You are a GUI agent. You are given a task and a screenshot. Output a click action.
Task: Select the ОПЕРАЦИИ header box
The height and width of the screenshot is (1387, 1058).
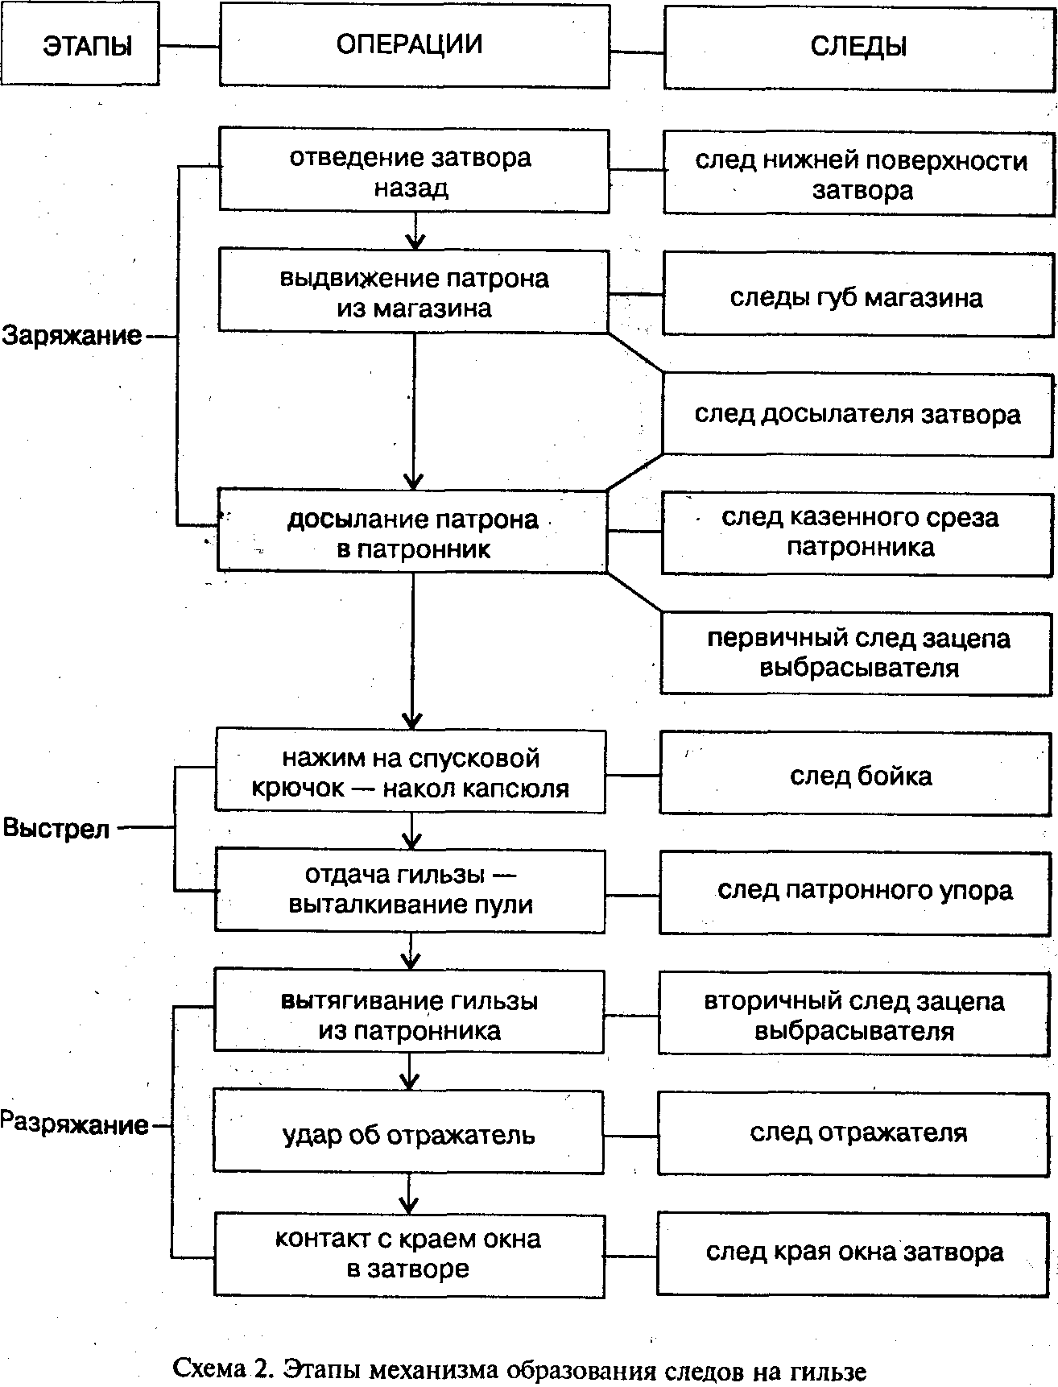(x=414, y=45)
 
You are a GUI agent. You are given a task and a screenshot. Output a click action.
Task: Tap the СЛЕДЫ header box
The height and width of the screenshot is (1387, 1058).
(x=858, y=48)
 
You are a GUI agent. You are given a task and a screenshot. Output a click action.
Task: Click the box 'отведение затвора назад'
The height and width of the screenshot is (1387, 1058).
(x=414, y=171)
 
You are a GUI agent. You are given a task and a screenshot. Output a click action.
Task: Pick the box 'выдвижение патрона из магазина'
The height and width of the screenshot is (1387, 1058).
(x=414, y=292)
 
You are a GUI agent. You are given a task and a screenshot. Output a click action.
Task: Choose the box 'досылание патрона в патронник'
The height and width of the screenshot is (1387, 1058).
(x=412, y=532)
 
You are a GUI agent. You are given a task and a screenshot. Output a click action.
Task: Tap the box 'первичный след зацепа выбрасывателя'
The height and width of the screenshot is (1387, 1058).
(x=858, y=652)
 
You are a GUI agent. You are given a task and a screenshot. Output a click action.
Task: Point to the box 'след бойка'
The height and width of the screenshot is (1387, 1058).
(x=858, y=776)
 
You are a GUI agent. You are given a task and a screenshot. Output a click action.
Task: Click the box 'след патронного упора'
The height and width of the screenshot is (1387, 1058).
(x=858, y=891)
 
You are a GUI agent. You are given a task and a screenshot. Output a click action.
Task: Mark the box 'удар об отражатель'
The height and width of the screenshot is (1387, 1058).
(x=408, y=1132)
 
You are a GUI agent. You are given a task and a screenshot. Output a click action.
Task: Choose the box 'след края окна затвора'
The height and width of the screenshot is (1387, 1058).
(x=855, y=1252)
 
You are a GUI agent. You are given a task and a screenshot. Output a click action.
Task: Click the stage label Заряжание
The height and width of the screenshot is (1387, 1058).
(x=72, y=335)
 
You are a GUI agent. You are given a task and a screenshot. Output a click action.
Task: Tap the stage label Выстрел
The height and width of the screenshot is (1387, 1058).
(x=56, y=827)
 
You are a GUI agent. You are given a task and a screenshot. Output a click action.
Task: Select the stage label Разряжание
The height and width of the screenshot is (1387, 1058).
(x=74, y=1124)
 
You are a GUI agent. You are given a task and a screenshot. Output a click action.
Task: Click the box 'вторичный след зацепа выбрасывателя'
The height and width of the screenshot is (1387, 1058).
(x=855, y=1015)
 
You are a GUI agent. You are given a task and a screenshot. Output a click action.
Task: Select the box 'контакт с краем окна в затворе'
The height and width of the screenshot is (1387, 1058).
(x=409, y=1253)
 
